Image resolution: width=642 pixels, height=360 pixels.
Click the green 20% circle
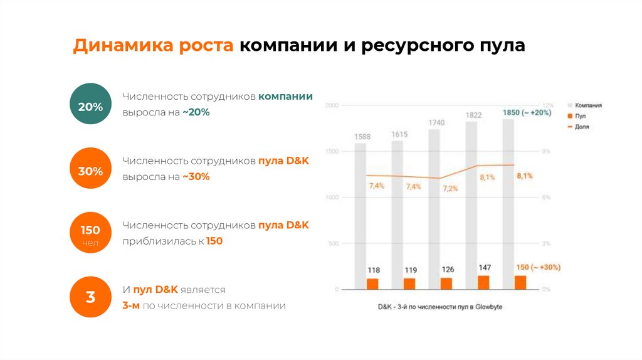pyautogui.click(x=90, y=107)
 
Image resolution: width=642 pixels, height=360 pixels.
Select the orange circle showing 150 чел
pyautogui.click(x=90, y=233)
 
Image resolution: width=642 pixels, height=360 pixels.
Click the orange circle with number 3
pyautogui.click(x=90, y=297)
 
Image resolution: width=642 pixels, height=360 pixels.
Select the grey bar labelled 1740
pyautogui.click(x=434, y=201)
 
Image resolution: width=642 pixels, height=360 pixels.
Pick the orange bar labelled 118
pyautogui.click(x=373, y=284)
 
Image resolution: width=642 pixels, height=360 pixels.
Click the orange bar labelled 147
pyautogui.click(x=483, y=283)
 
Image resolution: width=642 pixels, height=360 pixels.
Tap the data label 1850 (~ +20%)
pyautogui.click(x=527, y=112)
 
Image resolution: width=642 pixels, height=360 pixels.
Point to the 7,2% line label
pyautogui.click(x=450, y=188)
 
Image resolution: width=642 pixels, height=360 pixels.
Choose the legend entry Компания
pyautogui.click(x=588, y=106)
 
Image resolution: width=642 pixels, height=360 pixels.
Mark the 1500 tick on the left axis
pyautogui.click(x=332, y=152)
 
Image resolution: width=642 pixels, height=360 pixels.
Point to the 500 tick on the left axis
pyautogui.click(x=333, y=243)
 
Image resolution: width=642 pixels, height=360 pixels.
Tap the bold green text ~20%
pyautogui.click(x=196, y=112)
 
